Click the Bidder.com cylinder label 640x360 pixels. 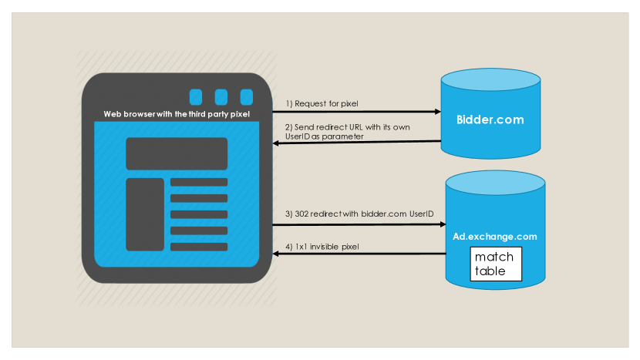point(490,119)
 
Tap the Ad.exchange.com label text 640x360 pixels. point(494,236)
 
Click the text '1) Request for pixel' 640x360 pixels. point(322,103)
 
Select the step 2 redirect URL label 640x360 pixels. point(335,130)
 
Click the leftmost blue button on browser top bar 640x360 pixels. point(196,96)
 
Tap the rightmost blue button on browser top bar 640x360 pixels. point(246,96)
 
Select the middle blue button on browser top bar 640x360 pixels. point(221,96)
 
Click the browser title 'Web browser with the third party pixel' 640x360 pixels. point(177,114)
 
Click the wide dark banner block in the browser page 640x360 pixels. point(177,153)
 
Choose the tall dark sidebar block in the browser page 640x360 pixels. point(145,214)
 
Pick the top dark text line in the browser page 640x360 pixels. point(199,183)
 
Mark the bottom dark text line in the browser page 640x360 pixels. point(199,247)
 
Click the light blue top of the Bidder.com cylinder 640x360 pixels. point(490,81)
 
